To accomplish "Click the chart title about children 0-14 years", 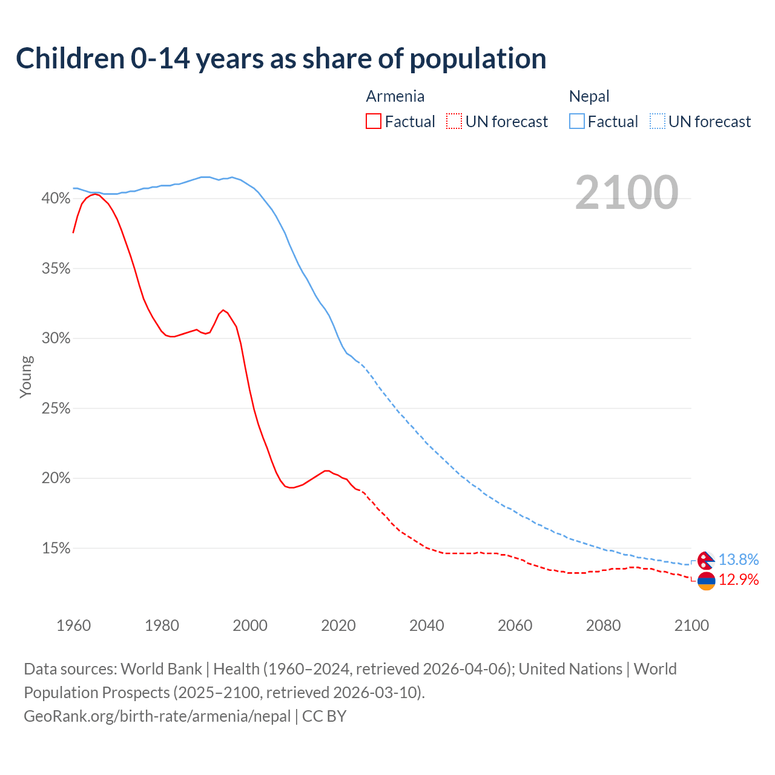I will tap(281, 59).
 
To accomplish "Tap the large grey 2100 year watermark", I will tap(626, 193).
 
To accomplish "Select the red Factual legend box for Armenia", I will tap(374, 122).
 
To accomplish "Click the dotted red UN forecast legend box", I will tap(454, 122).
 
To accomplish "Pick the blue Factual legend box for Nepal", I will tap(577, 122).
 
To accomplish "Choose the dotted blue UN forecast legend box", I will tap(658, 122).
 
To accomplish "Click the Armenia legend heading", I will tap(395, 96).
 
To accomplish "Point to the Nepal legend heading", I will tap(589, 96).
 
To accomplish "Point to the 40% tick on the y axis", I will tap(56, 199).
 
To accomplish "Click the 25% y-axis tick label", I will tap(56, 409).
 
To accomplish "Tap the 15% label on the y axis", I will tap(56, 549).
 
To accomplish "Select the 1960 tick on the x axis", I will tap(73, 625).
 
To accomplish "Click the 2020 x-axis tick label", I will tap(338, 625).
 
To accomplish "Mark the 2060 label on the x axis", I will tap(515, 625).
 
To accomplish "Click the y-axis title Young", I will tap(26, 377).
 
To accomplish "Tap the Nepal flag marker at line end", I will tap(705, 560).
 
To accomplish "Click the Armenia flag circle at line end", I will tap(706, 581).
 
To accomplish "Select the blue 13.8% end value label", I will tap(739, 559).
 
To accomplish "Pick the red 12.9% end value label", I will tap(739, 580).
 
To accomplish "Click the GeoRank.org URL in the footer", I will tap(157, 716).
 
